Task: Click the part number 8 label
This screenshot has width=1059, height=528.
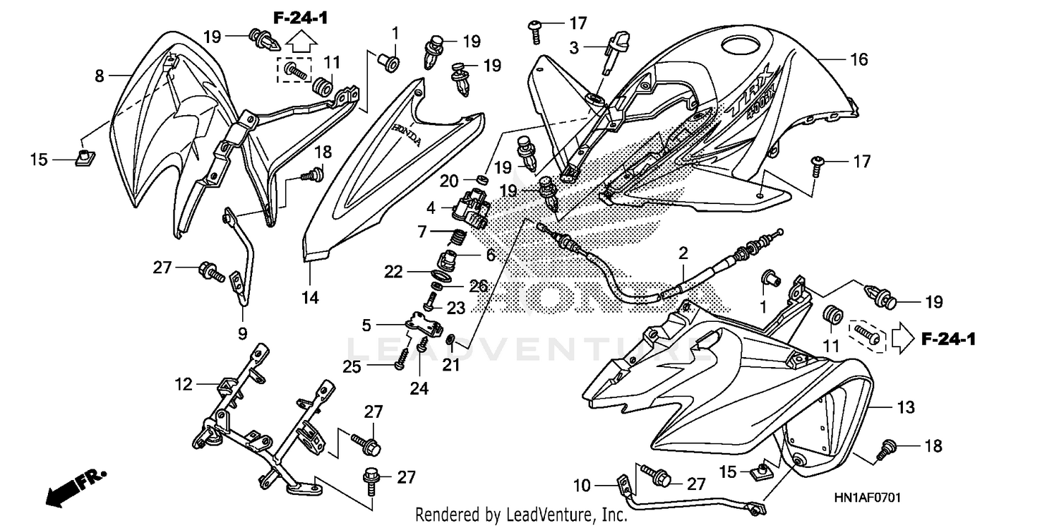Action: [99, 75]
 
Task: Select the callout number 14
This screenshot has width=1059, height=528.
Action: [309, 298]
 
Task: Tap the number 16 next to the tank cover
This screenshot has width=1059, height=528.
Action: [858, 60]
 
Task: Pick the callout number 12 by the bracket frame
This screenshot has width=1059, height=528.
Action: [184, 385]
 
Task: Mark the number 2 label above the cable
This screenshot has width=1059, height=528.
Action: [683, 253]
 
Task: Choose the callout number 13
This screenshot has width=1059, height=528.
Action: [906, 407]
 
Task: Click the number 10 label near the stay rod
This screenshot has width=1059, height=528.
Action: [581, 486]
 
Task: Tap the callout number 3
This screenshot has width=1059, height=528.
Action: [574, 48]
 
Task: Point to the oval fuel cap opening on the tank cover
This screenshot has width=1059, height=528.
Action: [738, 49]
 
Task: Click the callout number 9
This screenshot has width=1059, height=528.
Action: [241, 332]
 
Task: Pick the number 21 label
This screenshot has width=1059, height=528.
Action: [450, 364]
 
